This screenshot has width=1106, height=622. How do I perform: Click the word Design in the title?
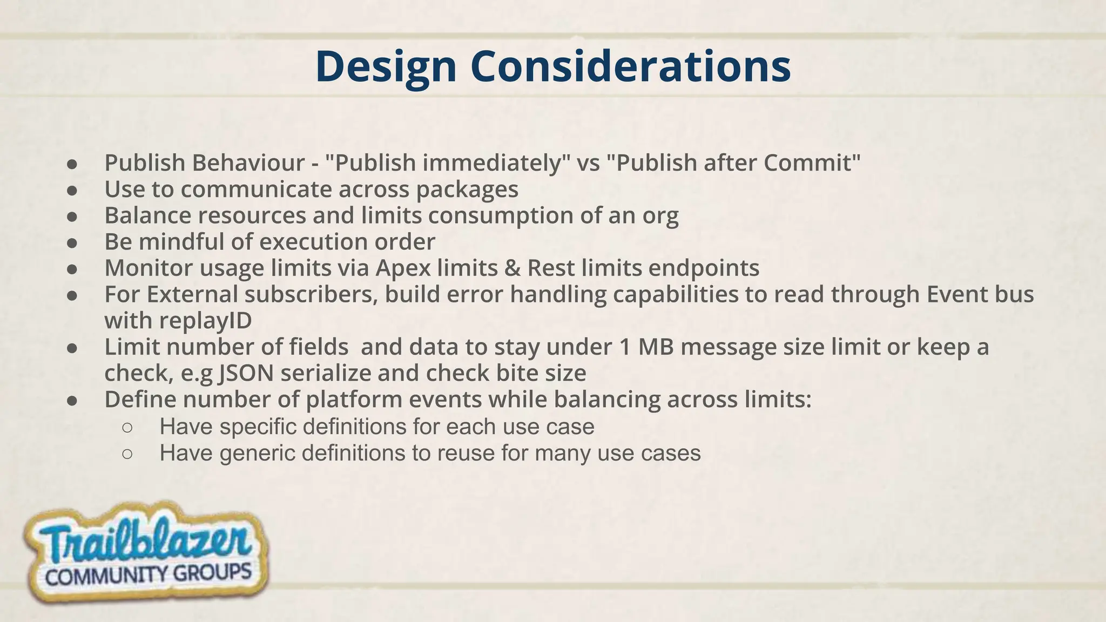pyautogui.click(x=386, y=67)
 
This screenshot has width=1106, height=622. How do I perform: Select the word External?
pyautogui.click(x=192, y=294)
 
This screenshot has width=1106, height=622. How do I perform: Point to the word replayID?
pyautogui.click(x=205, y=321)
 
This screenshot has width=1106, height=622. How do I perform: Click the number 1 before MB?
pyautogui.click(x=625, y=347)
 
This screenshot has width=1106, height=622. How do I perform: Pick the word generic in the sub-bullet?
pyautogui.click(x=257, y=453)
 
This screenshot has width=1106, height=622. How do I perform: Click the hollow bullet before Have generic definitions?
pyautogui.click(x=127, y=454)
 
